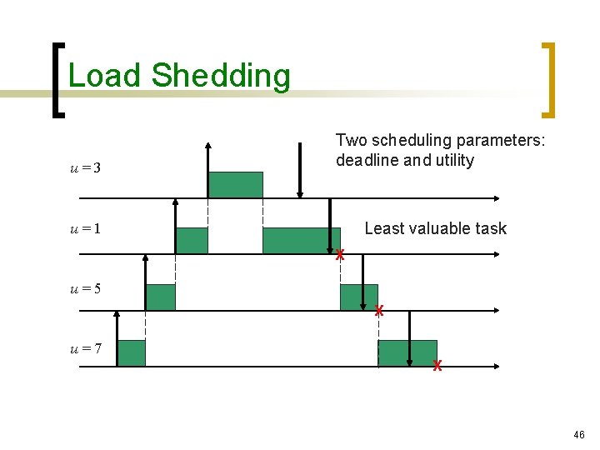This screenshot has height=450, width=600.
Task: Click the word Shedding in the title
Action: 222,77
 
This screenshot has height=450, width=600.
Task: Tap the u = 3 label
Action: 85,168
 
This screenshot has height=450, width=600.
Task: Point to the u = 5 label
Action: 85,289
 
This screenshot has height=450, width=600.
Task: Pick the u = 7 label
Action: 85,348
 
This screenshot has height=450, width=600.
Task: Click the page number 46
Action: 579,434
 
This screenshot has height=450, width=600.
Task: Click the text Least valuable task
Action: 435,228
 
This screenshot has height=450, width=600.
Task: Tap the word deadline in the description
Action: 367,161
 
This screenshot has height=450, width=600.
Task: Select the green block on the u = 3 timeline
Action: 235,185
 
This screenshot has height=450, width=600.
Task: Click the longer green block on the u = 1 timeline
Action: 301,240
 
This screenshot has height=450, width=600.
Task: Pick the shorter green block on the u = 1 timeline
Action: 192,240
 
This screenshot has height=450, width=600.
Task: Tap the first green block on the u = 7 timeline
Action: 131,353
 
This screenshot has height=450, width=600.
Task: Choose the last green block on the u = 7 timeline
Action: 407,353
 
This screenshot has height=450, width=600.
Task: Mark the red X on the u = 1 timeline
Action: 340,255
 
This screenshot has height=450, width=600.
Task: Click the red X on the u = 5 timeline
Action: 378,311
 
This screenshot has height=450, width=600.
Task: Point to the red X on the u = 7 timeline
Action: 437,367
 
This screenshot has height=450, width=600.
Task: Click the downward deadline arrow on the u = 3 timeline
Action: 300,171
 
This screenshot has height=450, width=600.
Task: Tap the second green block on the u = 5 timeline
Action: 358,297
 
